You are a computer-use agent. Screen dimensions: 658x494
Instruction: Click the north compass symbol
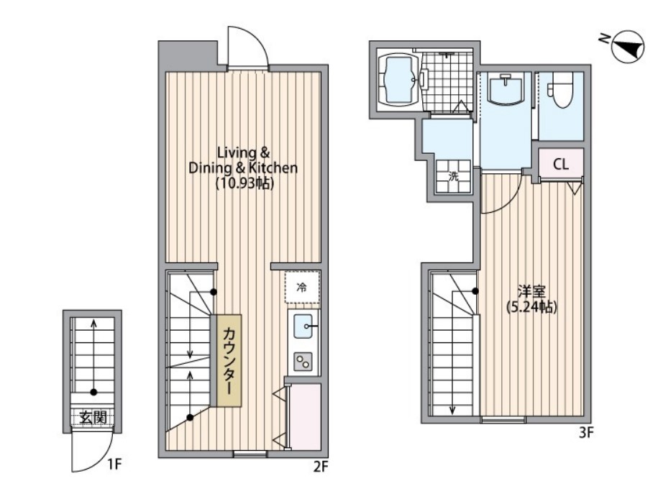coord(629,46)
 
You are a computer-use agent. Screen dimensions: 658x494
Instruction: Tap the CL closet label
coord(561,164)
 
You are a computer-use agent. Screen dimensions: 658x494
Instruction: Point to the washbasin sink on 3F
coord(506,88)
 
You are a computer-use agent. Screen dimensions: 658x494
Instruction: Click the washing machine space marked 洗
coord(453,177)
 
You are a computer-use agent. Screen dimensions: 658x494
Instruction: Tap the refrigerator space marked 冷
coord(302,288)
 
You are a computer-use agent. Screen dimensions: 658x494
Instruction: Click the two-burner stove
coord(303,361)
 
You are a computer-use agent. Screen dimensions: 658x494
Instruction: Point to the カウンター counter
coord(229,360)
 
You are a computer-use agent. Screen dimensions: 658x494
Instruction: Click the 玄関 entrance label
coord(93,418)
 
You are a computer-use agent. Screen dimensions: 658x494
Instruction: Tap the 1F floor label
coord(114,465)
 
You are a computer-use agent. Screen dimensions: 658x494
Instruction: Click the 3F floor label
coord(586,432)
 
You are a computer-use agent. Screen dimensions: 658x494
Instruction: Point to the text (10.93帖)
coord(245,184)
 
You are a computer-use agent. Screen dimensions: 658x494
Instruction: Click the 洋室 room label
coord(531,291)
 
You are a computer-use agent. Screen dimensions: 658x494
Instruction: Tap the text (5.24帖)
coord(531,307)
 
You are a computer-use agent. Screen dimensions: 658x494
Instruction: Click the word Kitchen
coord(273,168)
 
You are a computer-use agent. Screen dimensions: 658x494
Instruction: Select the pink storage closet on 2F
coord(306,417)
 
